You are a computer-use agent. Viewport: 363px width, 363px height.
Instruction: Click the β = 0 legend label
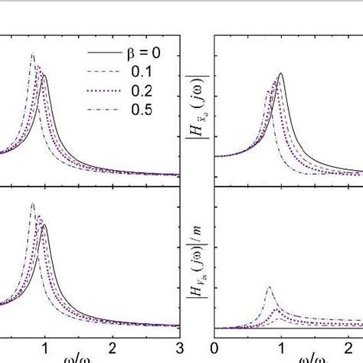tap(139, 54)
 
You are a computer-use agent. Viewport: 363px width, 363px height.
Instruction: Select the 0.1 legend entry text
tap(136, 73)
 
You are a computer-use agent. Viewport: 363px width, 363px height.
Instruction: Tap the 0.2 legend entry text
tap(136, 91)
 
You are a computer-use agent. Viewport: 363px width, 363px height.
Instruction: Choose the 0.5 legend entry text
tap(136, 110)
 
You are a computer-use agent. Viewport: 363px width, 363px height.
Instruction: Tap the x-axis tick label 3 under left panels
tap(179, 344)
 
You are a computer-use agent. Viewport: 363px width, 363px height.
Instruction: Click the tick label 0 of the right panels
tap(217, 344)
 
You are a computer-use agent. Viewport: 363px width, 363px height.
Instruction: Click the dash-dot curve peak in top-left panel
tap(32, 54)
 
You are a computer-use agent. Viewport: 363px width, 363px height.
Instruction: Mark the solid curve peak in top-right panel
tap(281, 74)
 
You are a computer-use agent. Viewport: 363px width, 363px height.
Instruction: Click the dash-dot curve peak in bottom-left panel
tap(32, 204)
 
